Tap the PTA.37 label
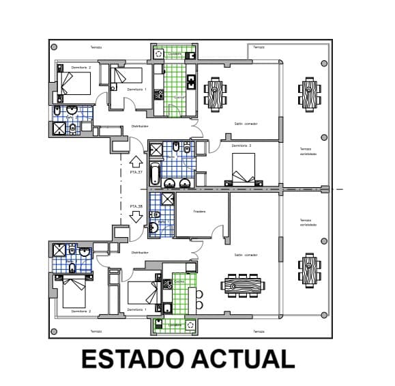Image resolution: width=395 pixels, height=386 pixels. [x=136, y=172]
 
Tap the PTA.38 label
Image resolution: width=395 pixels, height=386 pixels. [x=136, y=206]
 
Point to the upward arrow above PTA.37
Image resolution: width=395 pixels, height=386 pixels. [x=135, y=162]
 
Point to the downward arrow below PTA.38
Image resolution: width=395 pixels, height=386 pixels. [x=135, y=217]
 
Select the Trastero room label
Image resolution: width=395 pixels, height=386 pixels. [x=199, y=211]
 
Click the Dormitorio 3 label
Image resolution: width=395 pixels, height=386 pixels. [x=242, y=146]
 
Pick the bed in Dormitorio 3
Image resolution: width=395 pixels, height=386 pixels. [x=244, y=168]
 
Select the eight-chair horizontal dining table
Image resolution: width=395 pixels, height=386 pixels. [x=243, y=284]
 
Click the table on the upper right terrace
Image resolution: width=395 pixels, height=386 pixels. [x=308, y=92]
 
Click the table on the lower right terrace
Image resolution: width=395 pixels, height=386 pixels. [x=308, y=271]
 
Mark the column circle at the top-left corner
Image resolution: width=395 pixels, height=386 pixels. [x=55, y=46]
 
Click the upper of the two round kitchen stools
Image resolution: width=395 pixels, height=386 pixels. [x=200, y=294]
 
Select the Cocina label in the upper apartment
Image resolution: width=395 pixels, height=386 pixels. [x=179, y=98]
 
